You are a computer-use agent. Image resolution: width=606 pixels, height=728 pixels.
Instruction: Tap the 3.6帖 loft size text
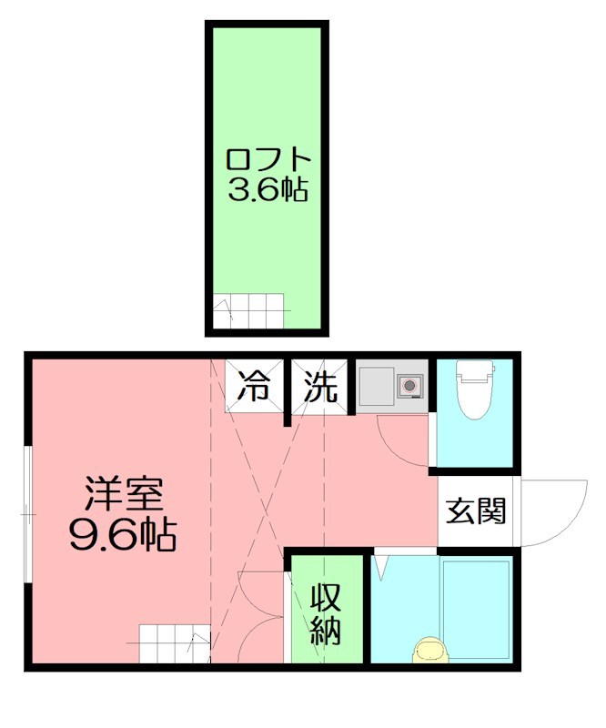coord(268,191)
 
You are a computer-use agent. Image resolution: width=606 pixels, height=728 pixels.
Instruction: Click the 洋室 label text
coord(124,495)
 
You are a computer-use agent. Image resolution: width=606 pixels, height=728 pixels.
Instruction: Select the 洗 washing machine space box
coord(319,387)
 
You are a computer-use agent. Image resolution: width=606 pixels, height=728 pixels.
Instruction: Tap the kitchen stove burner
coord(411,385)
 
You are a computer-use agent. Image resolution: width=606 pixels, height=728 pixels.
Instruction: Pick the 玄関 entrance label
coord(475,511)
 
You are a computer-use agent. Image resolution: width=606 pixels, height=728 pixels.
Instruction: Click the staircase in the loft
coord(250,312)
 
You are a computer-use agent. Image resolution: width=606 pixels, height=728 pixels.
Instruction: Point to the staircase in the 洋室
coord(174,643)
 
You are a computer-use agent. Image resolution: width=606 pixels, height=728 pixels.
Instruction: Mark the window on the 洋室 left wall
coord(29,514)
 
